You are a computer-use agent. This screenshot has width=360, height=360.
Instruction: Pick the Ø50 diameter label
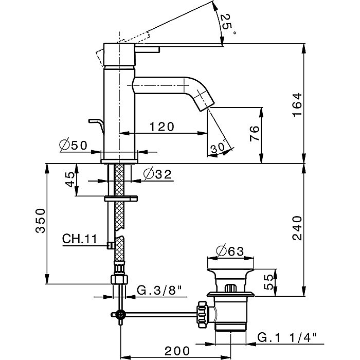point(74,146)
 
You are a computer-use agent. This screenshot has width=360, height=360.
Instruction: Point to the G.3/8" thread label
point(159,292)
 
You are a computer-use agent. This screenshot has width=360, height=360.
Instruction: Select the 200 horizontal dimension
point(178,351)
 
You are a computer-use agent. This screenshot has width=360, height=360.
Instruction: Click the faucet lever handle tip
point(156,49)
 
